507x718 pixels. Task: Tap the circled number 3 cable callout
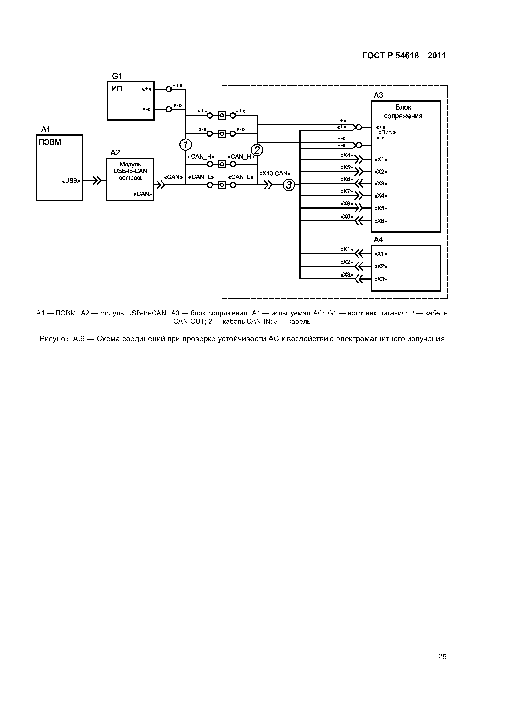tap(289, 185)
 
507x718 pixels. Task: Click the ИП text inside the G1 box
tap(117, 89)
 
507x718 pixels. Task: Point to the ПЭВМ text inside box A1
tap(50, 143)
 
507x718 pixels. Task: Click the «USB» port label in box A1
tap(71, 181)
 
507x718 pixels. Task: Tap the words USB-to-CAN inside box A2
tap(130, 171)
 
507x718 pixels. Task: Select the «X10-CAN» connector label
tap(275, 173)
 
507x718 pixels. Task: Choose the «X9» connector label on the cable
tap(347, 216)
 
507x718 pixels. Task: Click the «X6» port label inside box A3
tap(380, 221)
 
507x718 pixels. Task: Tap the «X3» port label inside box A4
tap(380, 279)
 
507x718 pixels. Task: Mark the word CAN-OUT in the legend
tap(189, 322)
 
